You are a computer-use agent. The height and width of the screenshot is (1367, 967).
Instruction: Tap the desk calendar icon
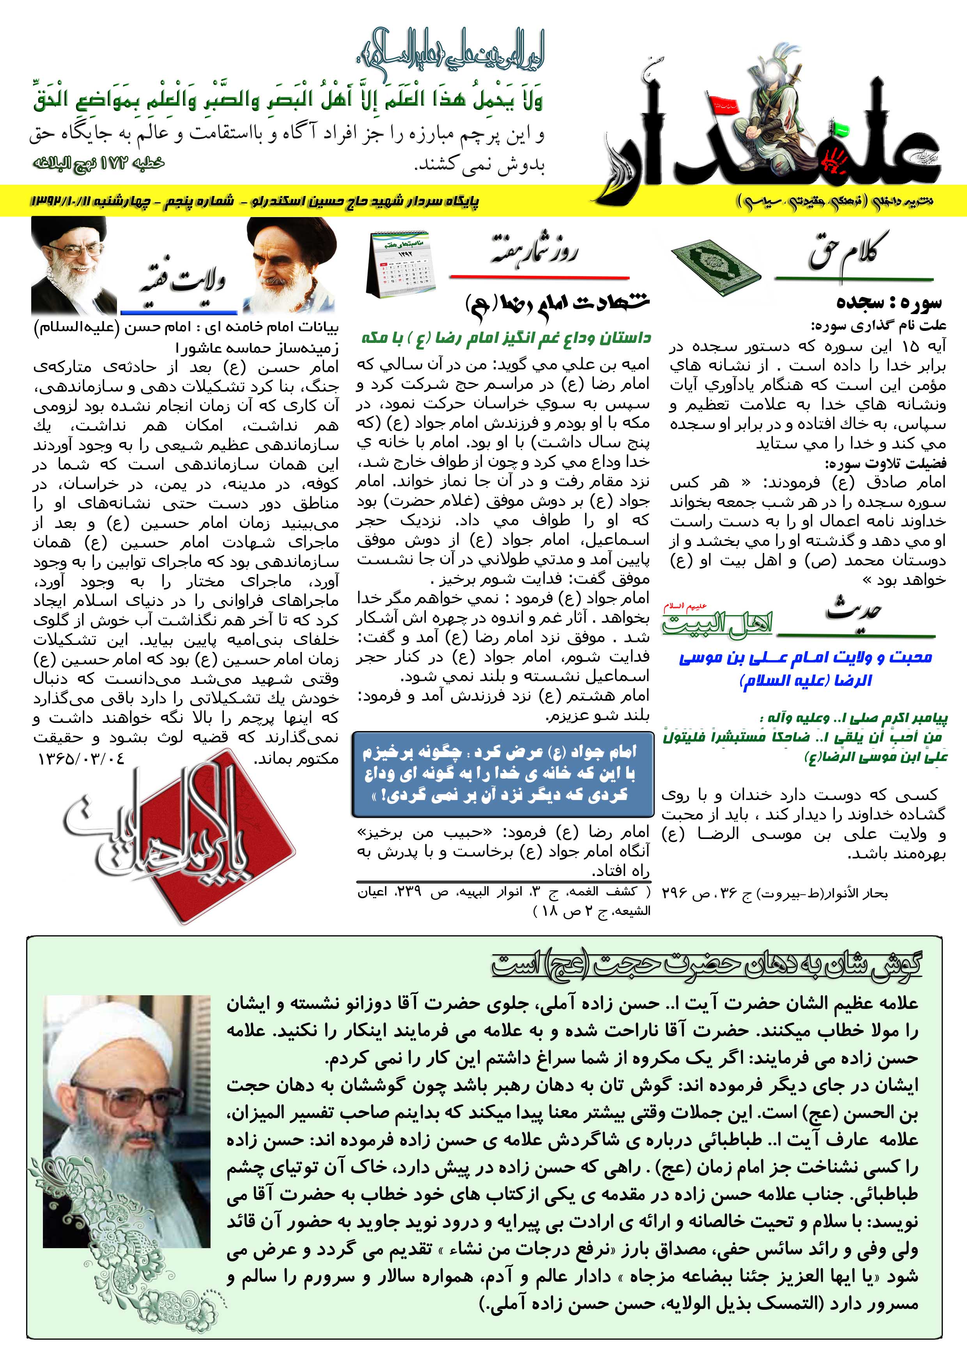click(x=400, y=264)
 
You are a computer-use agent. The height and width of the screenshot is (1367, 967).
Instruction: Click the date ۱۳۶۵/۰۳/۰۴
click(x=81, y=759)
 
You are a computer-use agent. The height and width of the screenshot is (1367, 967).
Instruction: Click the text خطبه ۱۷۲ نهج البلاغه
click(x=98, y=162)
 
